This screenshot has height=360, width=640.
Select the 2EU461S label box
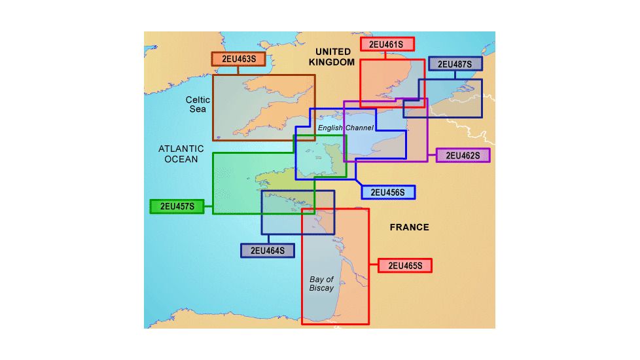click(x=387, y=45)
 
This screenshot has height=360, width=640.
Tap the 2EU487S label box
click(x=455, y=63)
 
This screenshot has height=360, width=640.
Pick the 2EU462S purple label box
click(x=463, y=155)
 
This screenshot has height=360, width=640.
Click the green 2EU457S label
click(x=177, y=206)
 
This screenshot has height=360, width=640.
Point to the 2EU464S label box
click(x=268, y=250)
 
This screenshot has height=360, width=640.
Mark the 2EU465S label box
click(x=405, y=266)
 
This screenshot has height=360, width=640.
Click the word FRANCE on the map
click(x=409, y=227)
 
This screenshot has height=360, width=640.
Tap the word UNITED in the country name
click(x=334, y=52)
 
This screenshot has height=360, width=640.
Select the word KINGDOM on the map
click(x=333, y=62)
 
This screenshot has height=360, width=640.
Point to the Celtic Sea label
click(x=198, y=104)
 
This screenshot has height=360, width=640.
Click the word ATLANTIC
click(x=181, y=149)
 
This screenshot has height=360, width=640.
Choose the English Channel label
click(x=346, y=128)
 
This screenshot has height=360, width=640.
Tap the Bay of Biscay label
click(x=321, y=283)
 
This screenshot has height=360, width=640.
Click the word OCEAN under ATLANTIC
click(x=181, y=159)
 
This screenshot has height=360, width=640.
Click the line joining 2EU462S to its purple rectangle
click(x=431, y=155)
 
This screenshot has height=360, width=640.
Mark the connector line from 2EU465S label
click(x=374, y=266)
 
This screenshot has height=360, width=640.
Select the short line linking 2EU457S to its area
click(x=208, y=207)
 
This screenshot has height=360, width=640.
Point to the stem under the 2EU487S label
click(x=455, y=75)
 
